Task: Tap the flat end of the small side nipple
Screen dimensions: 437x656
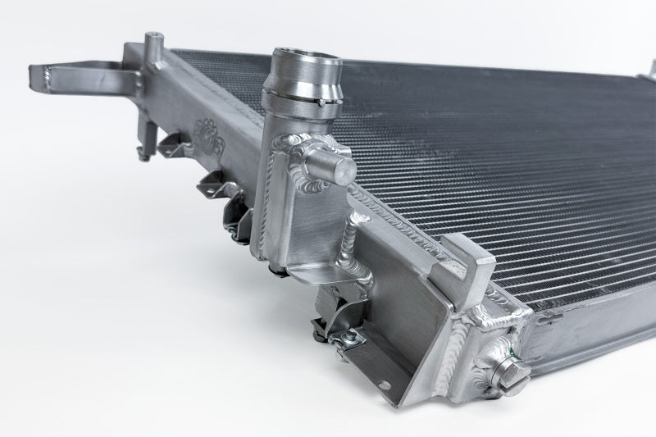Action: [x=345, y=169]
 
